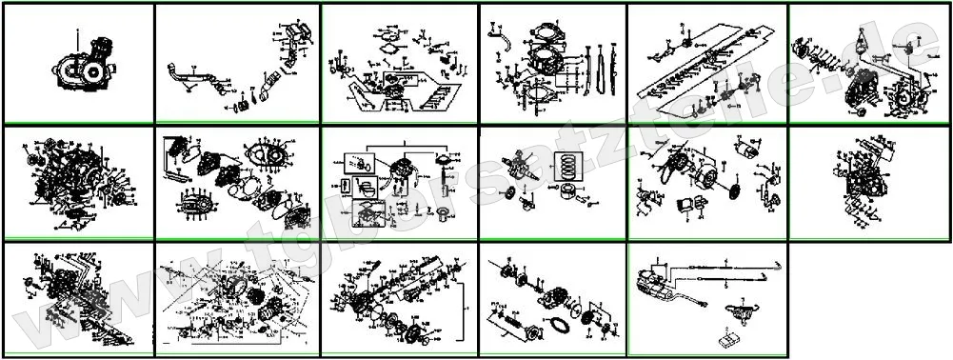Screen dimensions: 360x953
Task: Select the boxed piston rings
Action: pos(568,168)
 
